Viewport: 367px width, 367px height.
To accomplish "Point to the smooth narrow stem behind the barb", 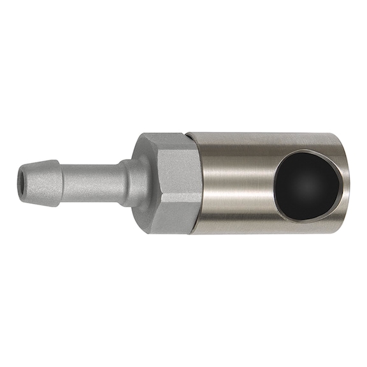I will (x=96, y=180).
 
